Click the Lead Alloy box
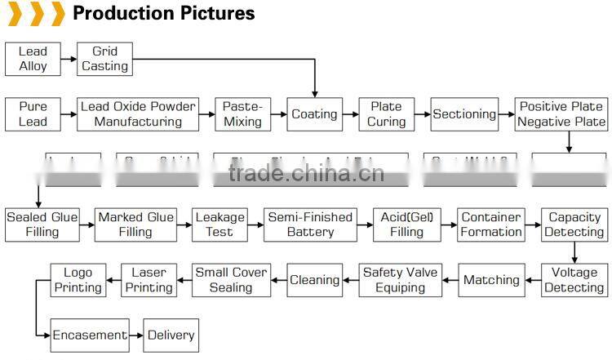[33, 59]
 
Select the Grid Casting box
[104, 59]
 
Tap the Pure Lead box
[33, 114]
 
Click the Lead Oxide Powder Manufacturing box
[138, 114]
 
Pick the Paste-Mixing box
[242, 114]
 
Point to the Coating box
[315, 114]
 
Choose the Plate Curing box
[386, 114]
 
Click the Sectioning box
[464, 114]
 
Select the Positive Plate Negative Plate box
[561, 114]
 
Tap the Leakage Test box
[219, 224]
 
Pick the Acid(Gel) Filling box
[406, 224]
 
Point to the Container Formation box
[491, 224]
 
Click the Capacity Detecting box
[574, 224]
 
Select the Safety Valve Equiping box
[400, 280]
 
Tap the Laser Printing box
[149, 280]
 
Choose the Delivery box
[171, 336]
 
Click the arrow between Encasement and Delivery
[136, 336]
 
